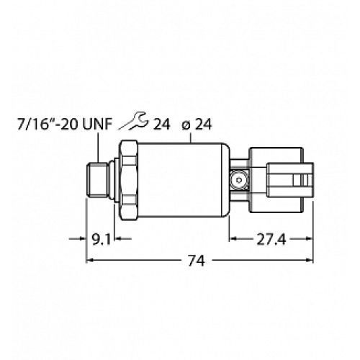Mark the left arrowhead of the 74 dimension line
point(90,262)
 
